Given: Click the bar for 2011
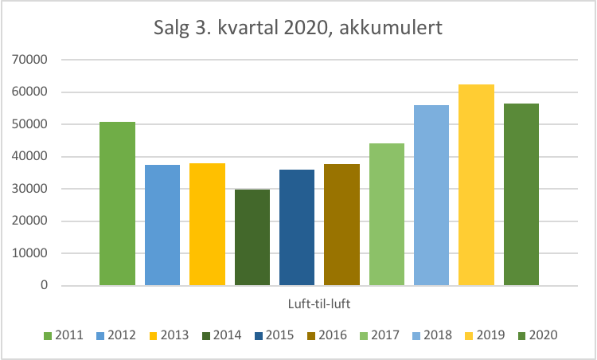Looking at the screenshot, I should click(117, 203).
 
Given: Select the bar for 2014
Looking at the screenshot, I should click(252, 237).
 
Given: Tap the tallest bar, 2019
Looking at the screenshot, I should click(476, 185).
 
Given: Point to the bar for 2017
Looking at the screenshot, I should click(387, 214).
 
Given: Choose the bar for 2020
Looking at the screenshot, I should click(521, 194).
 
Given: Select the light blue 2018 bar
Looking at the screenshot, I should click(431, 195).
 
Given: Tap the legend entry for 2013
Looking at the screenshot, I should click(170, 335).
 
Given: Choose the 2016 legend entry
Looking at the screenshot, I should click(327, 335).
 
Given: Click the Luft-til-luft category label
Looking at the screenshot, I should click(320, 303).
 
